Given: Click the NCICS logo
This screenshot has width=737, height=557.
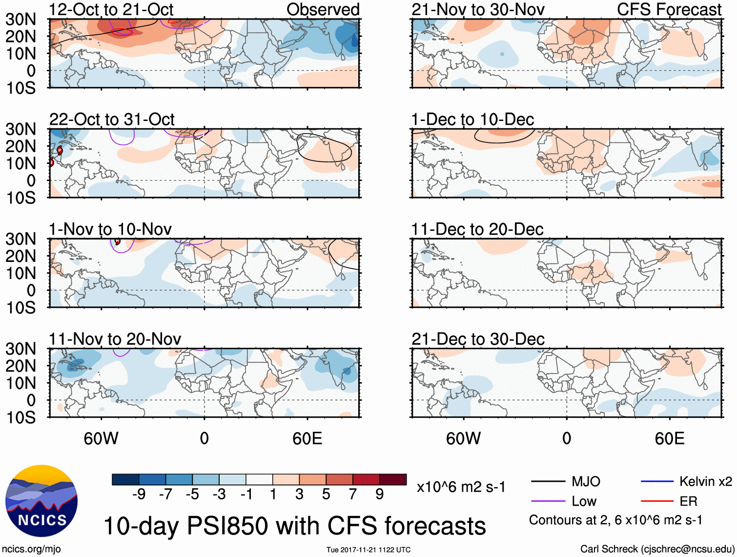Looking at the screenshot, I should tap(41, 501).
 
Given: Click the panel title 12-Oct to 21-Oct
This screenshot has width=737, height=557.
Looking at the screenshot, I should tap(111, 9).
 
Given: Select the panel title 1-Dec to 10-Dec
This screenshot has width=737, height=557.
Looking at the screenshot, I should tap(472, 119).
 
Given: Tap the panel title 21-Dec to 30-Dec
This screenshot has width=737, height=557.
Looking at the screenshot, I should tap(478, 339).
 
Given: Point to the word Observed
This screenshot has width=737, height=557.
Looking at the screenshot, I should tap(323, 9).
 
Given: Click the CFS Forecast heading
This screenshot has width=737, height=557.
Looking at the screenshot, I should tap(669, 9).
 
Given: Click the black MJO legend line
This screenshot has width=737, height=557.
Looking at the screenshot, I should tap(548, 482).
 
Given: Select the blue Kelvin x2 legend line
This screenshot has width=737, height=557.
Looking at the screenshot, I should tap(657, 482).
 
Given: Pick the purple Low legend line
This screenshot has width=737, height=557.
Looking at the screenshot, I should tap(548, 501).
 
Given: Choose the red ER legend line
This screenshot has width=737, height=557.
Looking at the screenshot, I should tap(657, 501).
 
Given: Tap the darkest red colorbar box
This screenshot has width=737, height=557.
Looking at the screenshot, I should tap(393, 479).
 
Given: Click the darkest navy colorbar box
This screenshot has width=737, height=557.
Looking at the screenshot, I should tap(125, 479).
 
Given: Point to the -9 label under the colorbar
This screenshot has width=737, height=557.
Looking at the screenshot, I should tap(139, 495).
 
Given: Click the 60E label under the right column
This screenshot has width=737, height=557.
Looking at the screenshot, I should tap(669, 438).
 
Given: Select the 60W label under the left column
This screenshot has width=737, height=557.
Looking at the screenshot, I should tap(101, 438).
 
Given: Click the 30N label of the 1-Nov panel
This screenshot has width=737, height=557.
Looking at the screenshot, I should tap(20, 239).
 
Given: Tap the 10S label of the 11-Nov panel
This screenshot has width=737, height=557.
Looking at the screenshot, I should tap(20, 418).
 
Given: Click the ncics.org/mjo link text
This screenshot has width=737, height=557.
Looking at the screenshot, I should tap(31, 549).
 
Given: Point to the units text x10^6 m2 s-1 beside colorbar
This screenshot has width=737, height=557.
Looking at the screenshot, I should tap(461, 487).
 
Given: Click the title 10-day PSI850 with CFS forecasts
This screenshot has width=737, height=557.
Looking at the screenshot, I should tap(295, 526).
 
